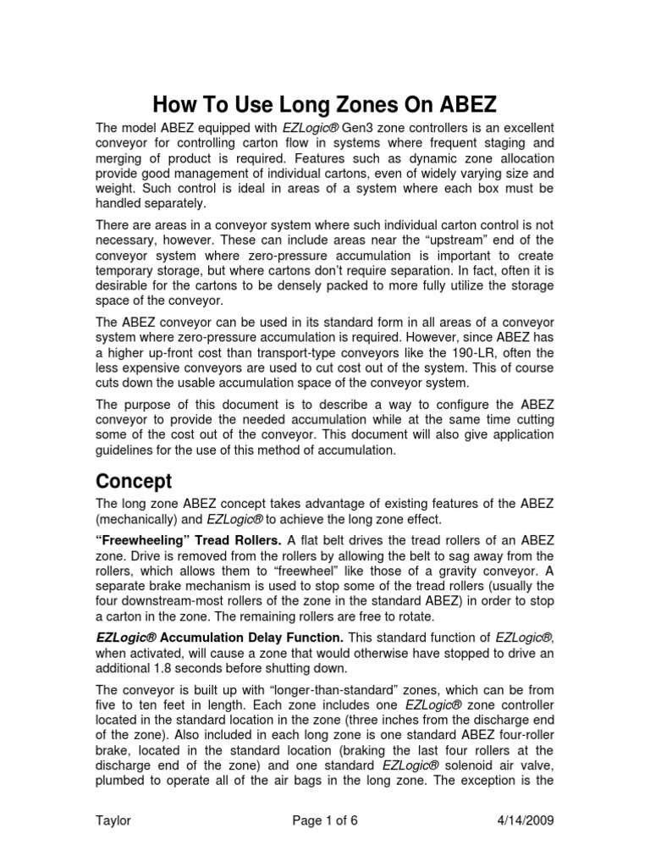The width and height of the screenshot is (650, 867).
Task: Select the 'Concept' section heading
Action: [x=133, y=482]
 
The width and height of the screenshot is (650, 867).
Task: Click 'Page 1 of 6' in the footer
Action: [x=325, y=821]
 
